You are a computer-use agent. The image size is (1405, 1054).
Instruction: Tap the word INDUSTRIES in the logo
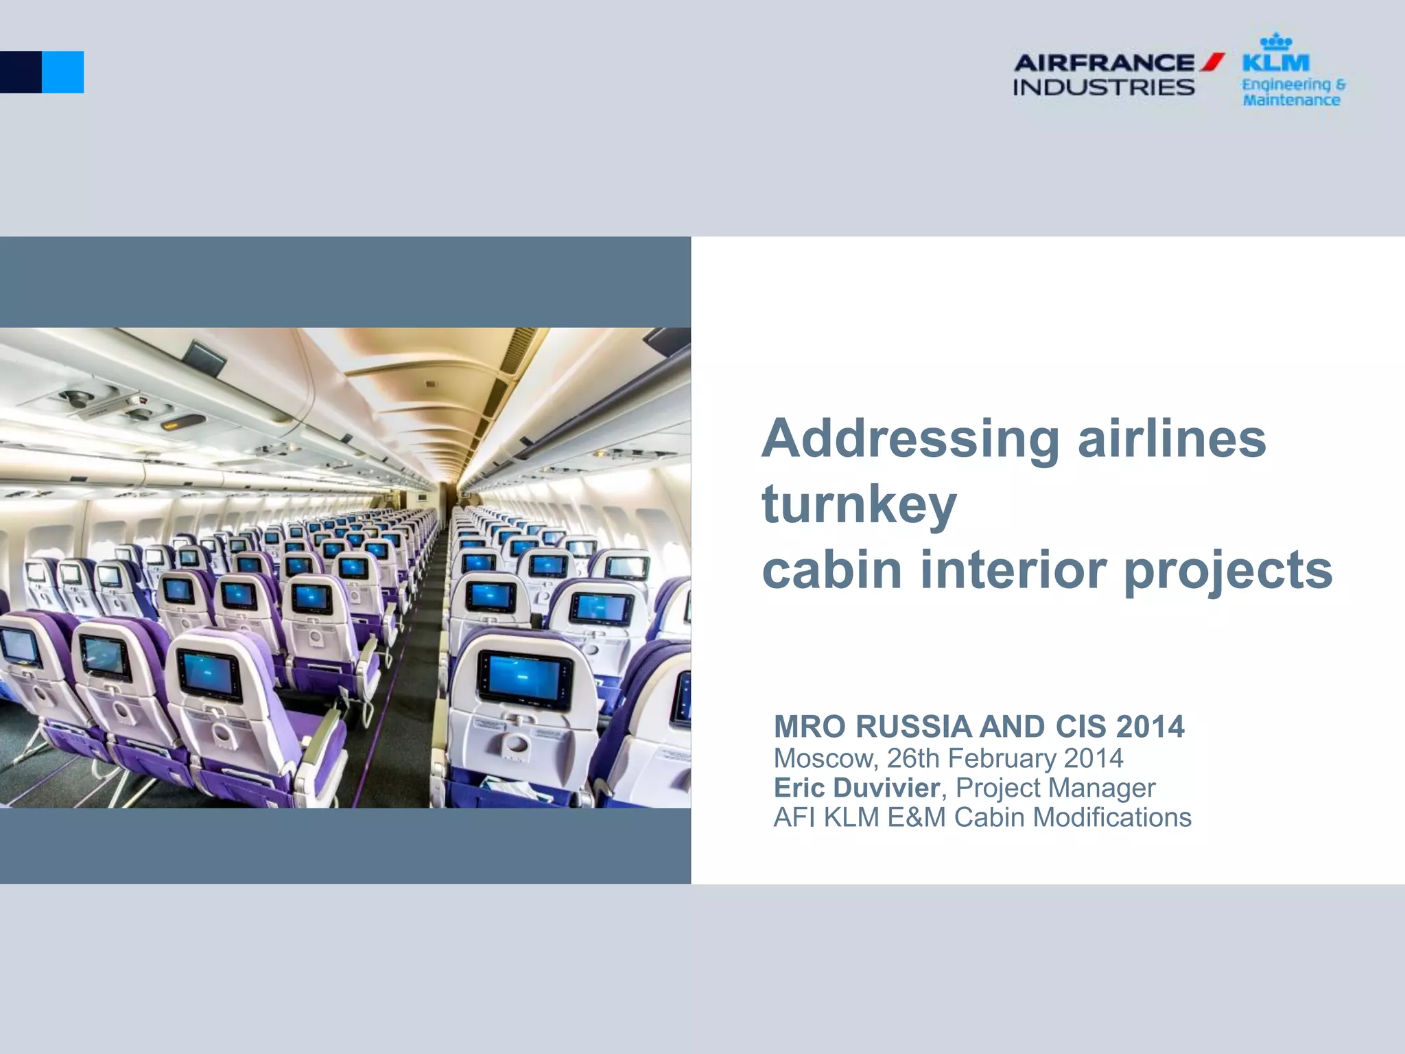[1103, 88]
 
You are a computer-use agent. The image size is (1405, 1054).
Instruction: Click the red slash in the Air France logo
[1212, 62]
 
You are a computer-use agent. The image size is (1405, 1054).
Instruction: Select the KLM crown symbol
[1276, 42]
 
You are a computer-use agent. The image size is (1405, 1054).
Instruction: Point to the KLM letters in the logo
[1276, 63]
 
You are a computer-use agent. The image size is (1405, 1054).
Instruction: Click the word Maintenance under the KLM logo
[1291, 100]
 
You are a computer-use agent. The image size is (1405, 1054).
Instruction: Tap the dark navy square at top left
[21, 72]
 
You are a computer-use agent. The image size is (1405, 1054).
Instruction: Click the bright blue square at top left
[63, 72]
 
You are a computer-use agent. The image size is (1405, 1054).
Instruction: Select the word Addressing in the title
[911, 439]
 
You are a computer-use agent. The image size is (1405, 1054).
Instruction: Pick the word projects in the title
[1228, 571]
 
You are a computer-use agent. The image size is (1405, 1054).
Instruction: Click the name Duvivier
[886, 788]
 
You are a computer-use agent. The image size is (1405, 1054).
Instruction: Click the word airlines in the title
[1172, 439]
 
